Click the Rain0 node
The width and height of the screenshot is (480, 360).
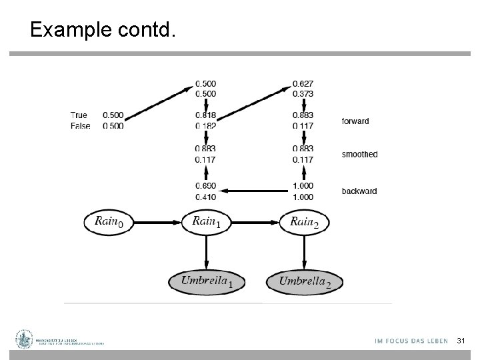[109, 221]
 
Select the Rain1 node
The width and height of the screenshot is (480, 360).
[207, 221]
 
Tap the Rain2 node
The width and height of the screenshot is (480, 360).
[305, 221]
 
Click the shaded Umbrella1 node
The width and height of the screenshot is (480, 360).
[207, 281]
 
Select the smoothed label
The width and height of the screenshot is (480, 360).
[359, 155]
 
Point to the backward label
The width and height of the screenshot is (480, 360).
[359, 191]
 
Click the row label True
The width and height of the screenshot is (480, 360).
[79, 115]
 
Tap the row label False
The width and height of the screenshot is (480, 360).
[80, 125]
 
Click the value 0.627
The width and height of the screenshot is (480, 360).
[303, 83]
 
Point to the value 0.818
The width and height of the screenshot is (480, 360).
[205, 115]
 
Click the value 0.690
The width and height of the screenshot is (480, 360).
[205, 186]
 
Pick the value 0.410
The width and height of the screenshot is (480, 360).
[205, 197]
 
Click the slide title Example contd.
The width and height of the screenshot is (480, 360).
[103, 30]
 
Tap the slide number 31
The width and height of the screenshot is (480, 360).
[460, 341]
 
